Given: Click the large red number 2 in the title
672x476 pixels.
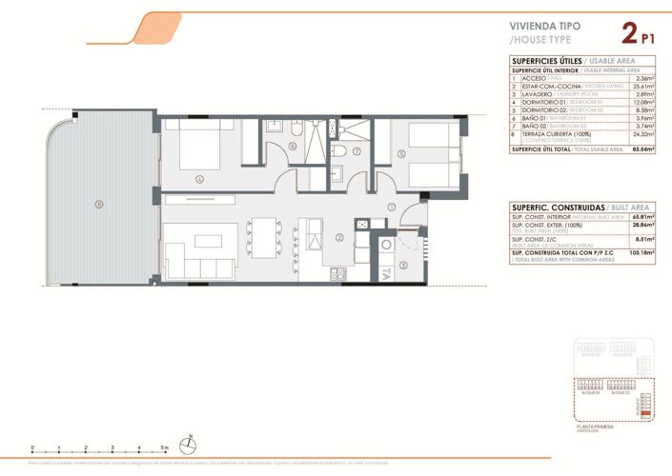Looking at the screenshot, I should [628, 35].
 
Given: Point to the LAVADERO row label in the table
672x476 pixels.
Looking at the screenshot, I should [538, 94].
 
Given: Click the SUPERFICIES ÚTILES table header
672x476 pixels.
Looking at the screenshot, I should [547, 61].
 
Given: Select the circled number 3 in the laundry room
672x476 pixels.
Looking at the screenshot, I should [402, 266].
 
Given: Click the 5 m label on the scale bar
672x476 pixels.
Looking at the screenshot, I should [166, 445].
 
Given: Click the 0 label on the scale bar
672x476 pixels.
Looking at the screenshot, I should [32, 445].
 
